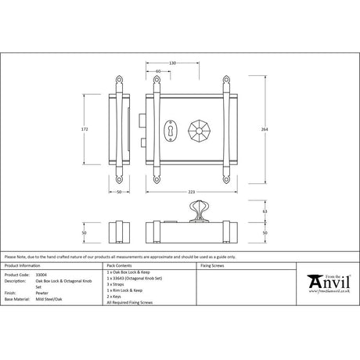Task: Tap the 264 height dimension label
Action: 254,130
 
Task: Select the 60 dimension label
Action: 159,71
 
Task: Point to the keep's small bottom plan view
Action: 119,232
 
